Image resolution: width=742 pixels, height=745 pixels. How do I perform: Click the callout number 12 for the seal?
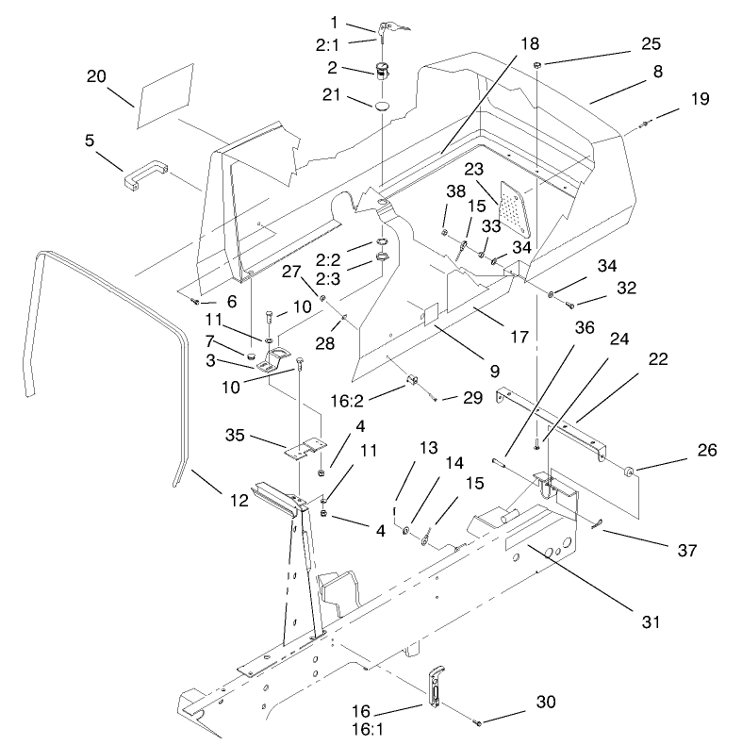pyautogui.click(x=238, y=500)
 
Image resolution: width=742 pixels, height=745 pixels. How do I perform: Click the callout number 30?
pyautogui.click(x=520, y=702)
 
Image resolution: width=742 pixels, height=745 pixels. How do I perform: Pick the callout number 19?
pyautogui.click(x=699, y=99)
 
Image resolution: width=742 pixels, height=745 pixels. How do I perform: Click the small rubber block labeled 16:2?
pyautogui.click(x=412, y=381)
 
